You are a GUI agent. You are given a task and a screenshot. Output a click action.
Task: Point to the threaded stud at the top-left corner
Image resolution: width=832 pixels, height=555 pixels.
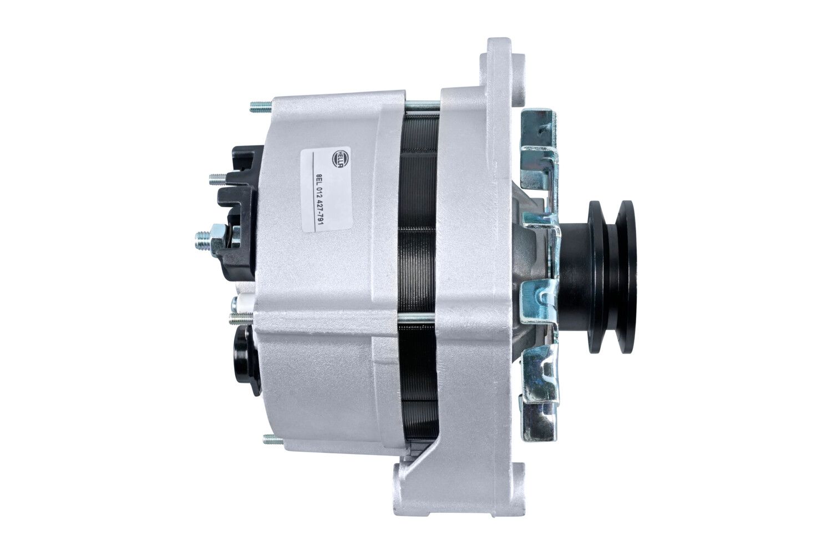[260, 107]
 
